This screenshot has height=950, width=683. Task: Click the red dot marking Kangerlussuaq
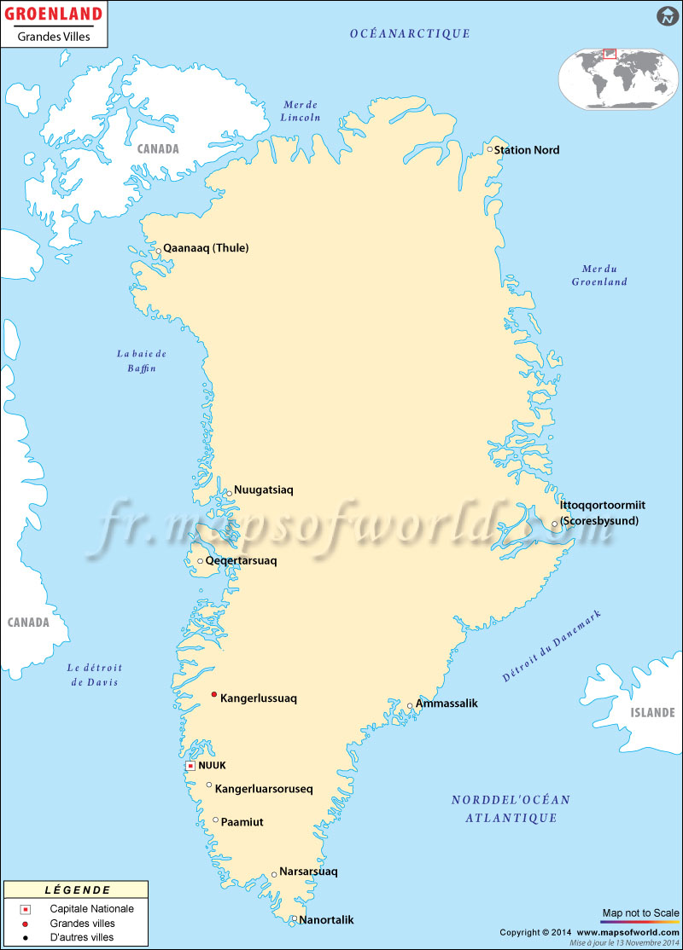(213, 695)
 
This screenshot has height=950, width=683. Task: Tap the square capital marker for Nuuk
(190, 766)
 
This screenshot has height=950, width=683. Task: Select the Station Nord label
(527, 150)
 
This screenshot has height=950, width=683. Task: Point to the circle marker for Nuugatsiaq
(229, 493)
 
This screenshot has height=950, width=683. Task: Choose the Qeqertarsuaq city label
(242, 561)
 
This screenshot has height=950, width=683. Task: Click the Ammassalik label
(447, 704)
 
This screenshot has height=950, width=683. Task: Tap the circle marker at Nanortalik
(293, 919)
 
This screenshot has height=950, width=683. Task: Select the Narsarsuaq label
(309, 872)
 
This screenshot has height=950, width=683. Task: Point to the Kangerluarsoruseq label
(264, 789)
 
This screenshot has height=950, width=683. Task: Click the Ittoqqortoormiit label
(603, 505)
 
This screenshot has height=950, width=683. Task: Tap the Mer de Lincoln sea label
(301, 110)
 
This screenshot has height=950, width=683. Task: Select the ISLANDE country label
(652, 712)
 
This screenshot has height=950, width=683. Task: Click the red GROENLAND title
(54, 14)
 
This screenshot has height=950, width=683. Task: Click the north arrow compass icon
(667, 15)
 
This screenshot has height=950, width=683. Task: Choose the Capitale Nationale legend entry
(91, 908)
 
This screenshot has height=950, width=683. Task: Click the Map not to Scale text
(640, 912)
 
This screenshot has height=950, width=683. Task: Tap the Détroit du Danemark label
(552, 646)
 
